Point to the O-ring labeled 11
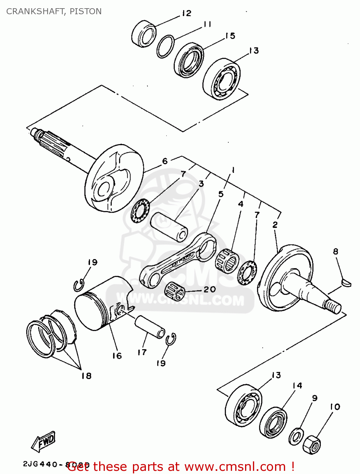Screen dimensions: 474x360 pos(165,46)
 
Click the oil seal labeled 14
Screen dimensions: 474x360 pos(273,422)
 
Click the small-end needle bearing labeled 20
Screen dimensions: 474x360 pos(175,291)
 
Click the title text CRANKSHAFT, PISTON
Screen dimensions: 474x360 pos(54,11)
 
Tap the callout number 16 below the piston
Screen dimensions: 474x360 pos(117,356)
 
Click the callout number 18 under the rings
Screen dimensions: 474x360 pos(86,375)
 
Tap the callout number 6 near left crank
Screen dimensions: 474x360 pos(165,161)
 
